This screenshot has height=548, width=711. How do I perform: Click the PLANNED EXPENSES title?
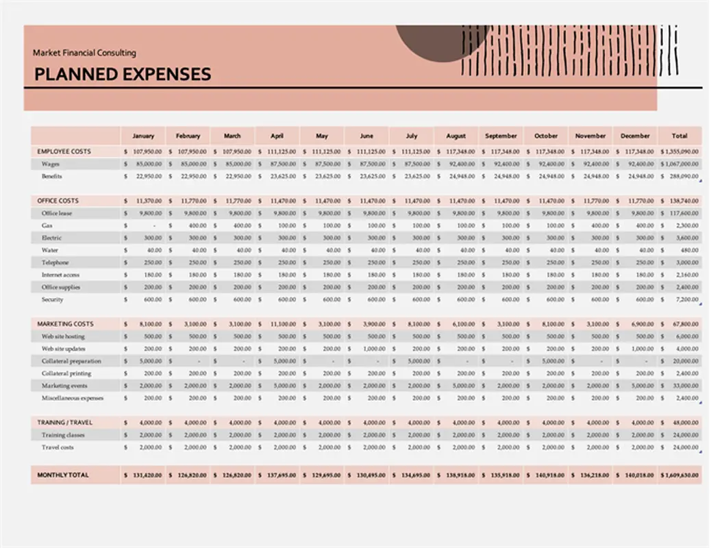pyautogui.click(x=123, y=74)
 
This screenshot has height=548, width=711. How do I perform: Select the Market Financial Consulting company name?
pyautogui.click(x=84, y=53)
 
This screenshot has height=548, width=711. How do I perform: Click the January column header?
pyautogui.click(x=143, y=136)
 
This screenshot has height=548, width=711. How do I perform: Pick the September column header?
pyautogui.click(x=501, y=136)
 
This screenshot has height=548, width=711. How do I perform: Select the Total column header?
pyautogui.click(x=679, y=136)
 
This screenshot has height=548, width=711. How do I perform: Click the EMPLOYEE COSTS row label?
pyautogui.click(x=64, y=151)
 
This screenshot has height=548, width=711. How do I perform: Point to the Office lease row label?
pyautogui.click(x=57, y=213)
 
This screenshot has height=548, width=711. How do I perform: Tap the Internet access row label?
pyautogui.click(x=60, y=275)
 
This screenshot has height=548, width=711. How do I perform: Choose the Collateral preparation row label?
pyautogui.click(x=71, y=361)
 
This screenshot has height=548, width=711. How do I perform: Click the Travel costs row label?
pyautogui.click(x=58, y=447)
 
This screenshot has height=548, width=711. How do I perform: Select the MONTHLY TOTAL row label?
pyautogui.click(x=63, y=475)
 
